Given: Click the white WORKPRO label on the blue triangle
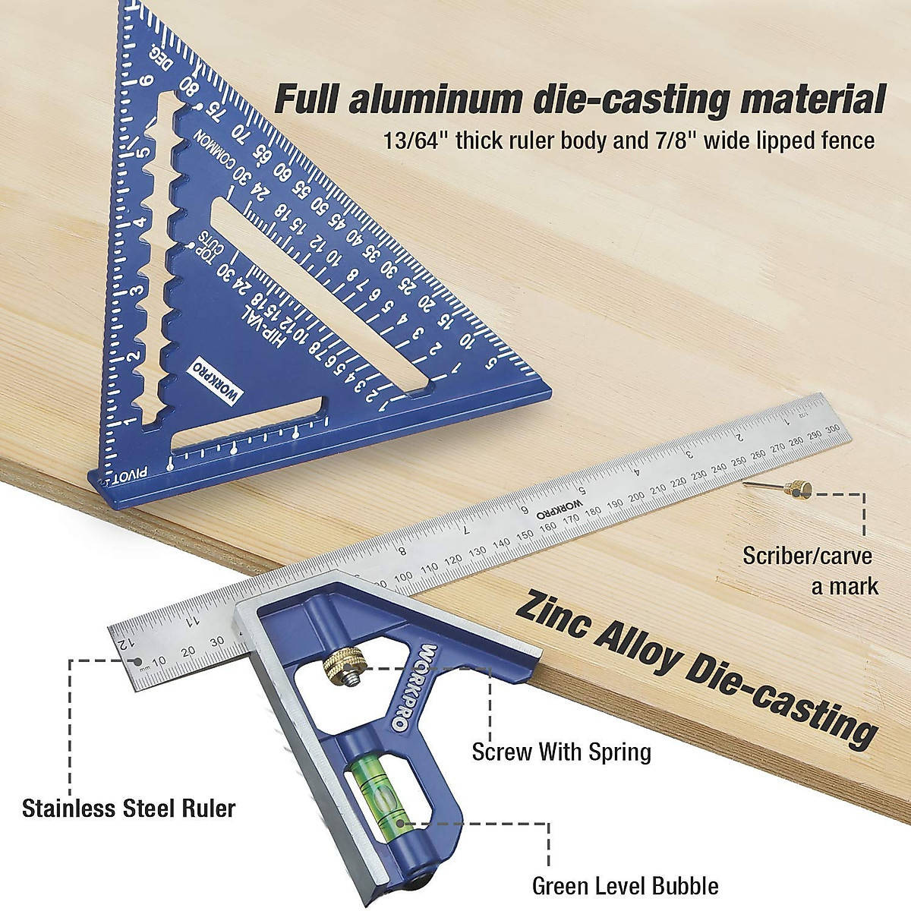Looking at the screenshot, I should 214,380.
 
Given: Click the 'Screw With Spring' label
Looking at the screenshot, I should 561,752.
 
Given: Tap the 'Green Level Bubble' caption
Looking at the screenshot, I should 624,885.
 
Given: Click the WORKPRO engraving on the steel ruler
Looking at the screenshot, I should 560,509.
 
